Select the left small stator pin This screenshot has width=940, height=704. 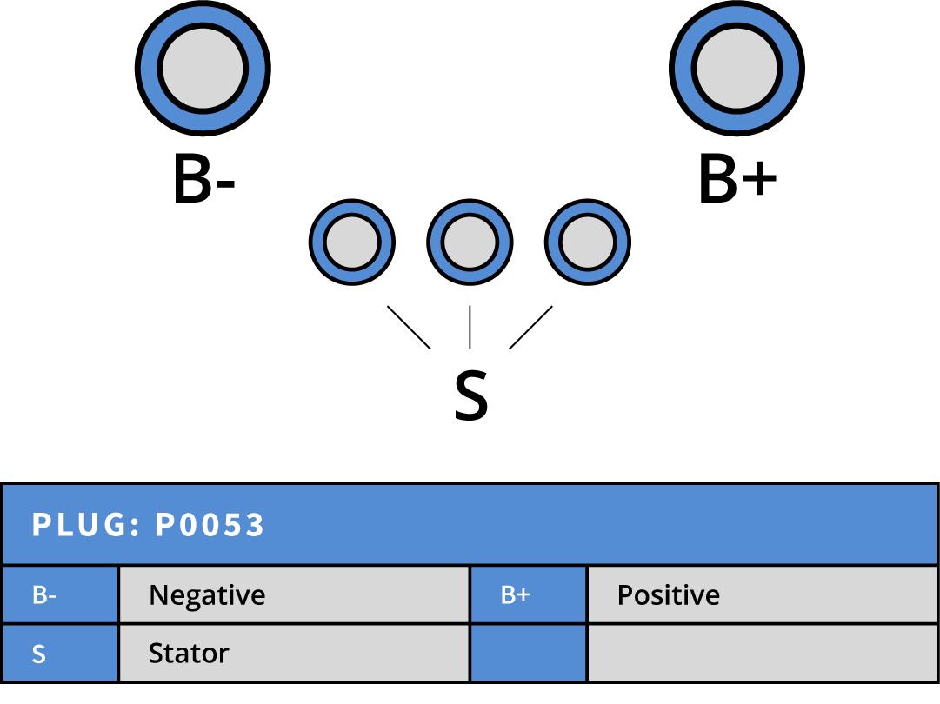click(352, 242)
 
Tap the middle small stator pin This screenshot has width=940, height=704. click(470, 242)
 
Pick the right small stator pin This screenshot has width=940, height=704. click(588, 242)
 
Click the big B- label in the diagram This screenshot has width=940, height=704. click(204, 181)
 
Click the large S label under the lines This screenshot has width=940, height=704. click(470, 395)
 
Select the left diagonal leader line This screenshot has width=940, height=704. click(409, 328)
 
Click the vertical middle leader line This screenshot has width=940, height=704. click(470, 327)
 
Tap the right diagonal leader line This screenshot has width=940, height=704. click(530, 328)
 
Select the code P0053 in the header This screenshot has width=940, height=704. click(210, 525)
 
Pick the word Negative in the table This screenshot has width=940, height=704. click(207, 595)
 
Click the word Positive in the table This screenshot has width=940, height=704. click(668, 595)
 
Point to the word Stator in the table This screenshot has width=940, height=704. click(189, 654)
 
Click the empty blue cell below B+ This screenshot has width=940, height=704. click(528, 654)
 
